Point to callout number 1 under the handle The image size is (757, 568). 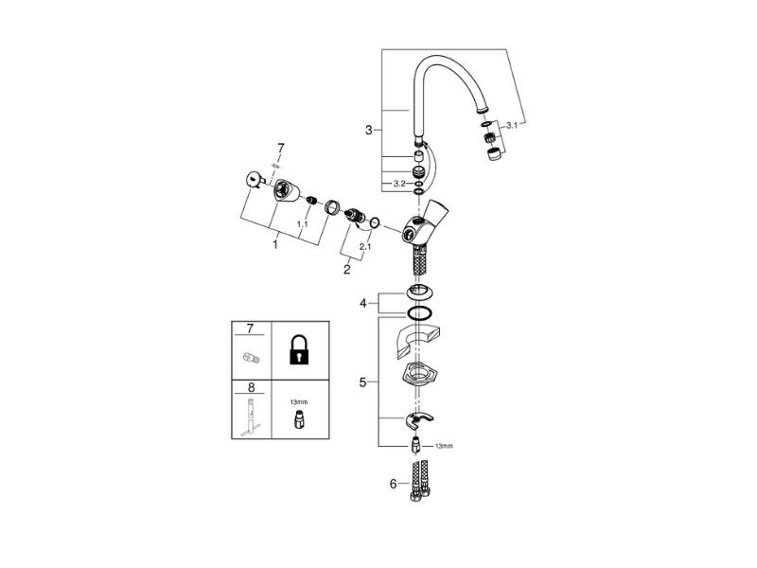point(275,243)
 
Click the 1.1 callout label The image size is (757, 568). point(302,225)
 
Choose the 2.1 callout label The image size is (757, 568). point(364,248)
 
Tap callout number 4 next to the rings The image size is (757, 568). point(363,304)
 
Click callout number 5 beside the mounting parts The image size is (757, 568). point(362,382)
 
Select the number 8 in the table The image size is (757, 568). point(251,387)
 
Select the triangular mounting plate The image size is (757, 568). point(419,374)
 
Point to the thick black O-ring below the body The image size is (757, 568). point(419,312)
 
